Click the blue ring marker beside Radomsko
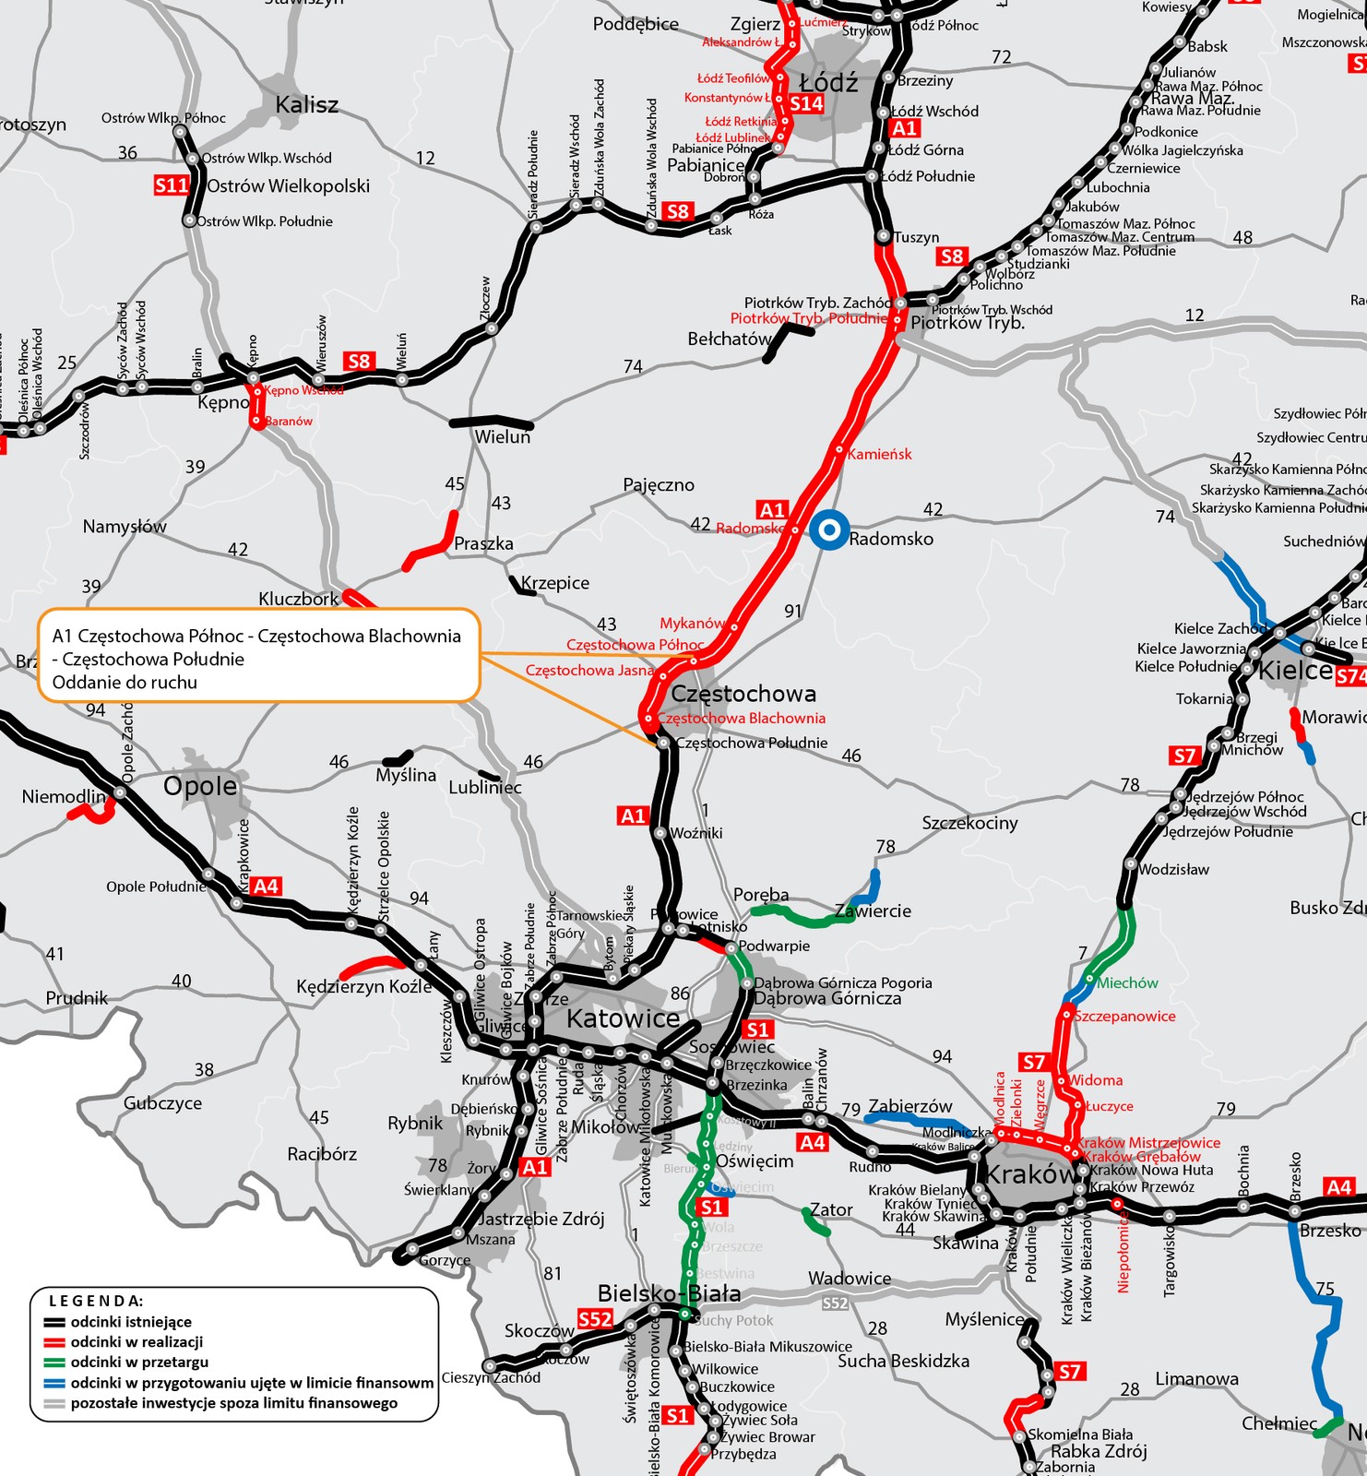pos(829,530)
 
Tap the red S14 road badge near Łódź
pos(806,103)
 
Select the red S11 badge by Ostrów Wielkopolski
pos(172,185)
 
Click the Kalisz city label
pos(307,105)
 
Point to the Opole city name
pos(200,786)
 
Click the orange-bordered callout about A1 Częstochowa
pos(259,656)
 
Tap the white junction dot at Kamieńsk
pos(839,451)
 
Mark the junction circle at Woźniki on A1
pos(660,833)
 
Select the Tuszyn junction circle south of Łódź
pos(883,237)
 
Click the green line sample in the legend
pos(54,1363)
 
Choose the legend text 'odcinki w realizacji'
pos(137,1342)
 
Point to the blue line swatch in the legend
pos(54,1383)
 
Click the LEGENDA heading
pos(96,1301)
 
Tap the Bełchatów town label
pos(729,339)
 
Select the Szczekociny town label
pos(969,823)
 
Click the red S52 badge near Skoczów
pos(595,1319)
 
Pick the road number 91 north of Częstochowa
pos(793,611)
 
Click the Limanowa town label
pos(1196,1378)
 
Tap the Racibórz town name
pos(321,1154)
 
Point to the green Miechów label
pos(1127,983)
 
